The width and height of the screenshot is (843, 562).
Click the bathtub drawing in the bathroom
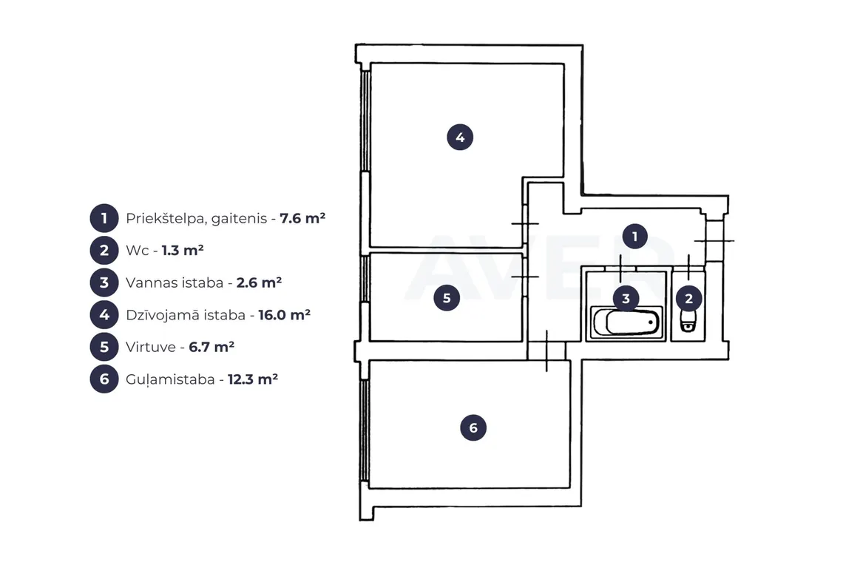(627, 322)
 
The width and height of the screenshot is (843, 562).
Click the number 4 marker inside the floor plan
(460, 137)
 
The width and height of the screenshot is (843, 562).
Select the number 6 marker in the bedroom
(473, 427)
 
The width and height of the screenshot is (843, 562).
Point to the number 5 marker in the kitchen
(447, 298)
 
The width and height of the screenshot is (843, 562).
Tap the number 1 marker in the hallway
(635, 236)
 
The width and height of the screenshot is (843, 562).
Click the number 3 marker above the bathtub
(626, 299)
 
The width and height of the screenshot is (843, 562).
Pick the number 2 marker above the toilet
(688, 299)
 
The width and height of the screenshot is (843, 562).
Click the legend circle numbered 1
(104, 218)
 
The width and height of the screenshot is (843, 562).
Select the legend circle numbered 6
(104, 379)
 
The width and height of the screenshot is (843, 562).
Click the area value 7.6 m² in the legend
(302, 218)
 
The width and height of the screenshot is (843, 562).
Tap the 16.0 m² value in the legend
(285, 314)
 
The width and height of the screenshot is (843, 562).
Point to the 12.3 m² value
(253, 379)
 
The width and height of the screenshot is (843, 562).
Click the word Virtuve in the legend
(151, 347)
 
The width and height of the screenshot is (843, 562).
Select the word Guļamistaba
(170, 379)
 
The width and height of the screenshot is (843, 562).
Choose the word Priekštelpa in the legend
(166, 219)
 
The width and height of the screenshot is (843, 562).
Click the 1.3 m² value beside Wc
(183, 250)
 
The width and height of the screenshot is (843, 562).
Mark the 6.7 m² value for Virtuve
(211, 347)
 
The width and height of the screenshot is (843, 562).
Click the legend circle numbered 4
(104, 314)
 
